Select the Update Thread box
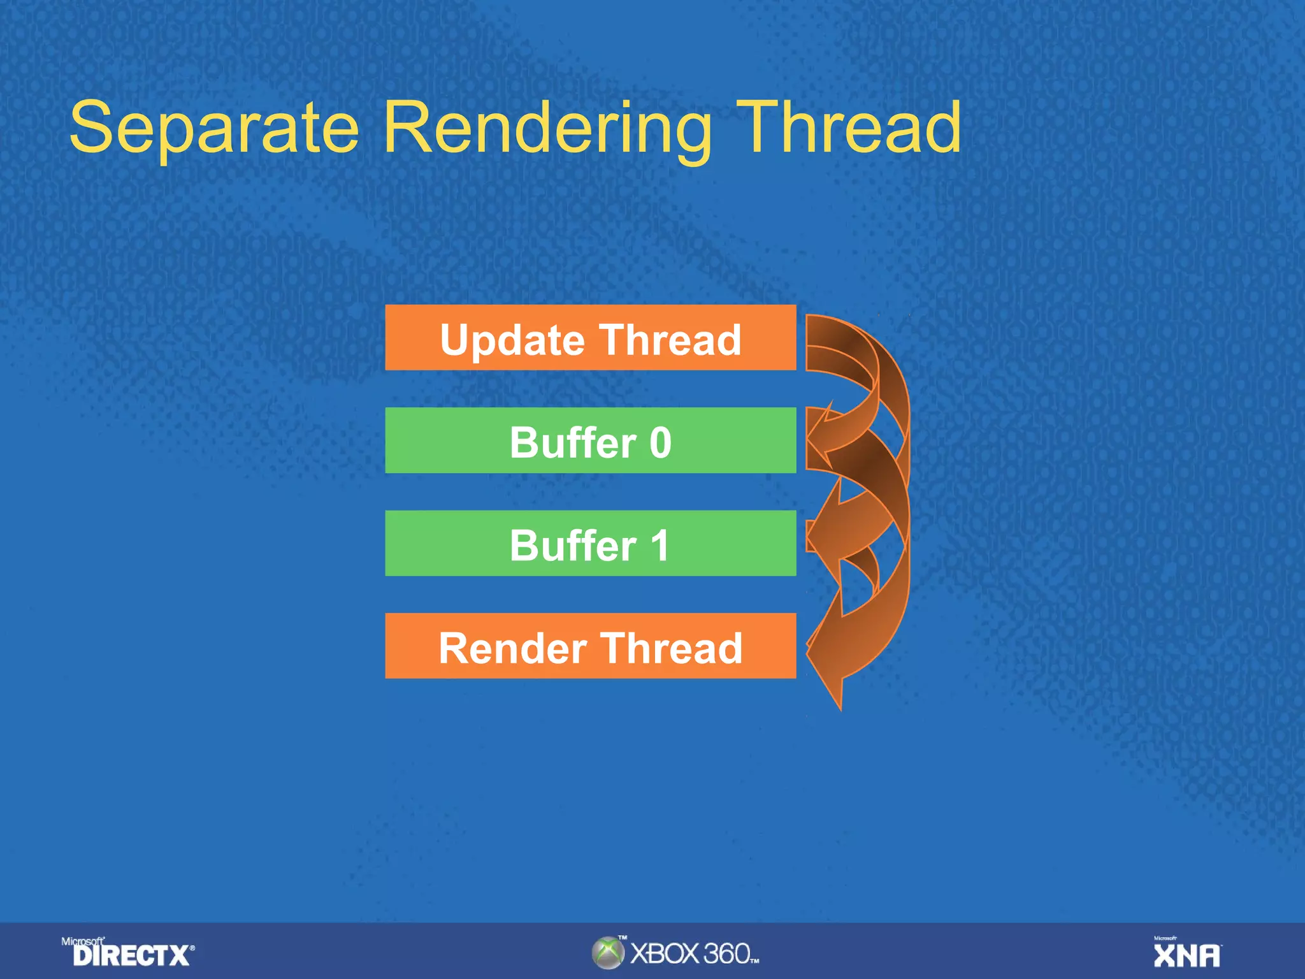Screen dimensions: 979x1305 pos(590,338)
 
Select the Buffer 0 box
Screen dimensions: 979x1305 pos(590,441)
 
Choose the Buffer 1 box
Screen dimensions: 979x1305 pos(590,544)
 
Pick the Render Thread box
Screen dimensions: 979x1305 pos(590,646)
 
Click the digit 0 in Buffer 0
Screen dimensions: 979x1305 pos(660,442)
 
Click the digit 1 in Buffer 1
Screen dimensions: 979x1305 pos(660,546)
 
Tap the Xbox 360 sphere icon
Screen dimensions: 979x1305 pos(608,953)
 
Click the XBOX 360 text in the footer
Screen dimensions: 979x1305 pos(693,954)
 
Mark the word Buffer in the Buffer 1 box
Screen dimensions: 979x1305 pos(573,546)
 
